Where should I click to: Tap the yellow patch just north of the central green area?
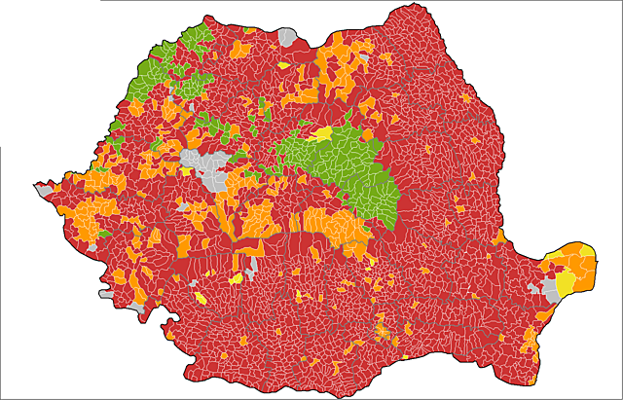click(x=322, y=133)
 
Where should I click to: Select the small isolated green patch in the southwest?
click(x=103, y=234)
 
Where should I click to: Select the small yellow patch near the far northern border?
click(x=283, y=66)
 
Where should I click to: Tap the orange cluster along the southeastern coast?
click(x=531, y=341)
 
